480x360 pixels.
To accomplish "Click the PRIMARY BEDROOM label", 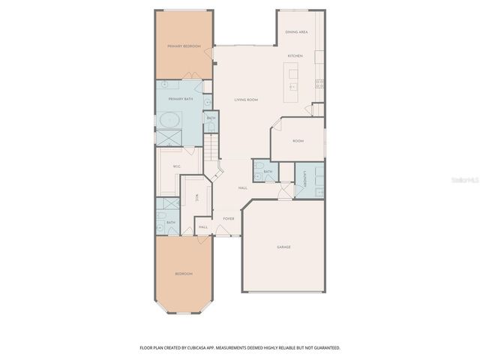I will tap(184, 46).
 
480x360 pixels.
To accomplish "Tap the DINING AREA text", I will tap(297, 32).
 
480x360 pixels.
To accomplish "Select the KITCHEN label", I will tap(295, 56).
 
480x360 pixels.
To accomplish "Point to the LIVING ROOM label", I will tap(246, 99).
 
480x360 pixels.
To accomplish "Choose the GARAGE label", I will tap(283, 247).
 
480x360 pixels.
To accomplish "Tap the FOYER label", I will tap(229, 218).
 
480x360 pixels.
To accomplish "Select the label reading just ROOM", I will tap(298, 141).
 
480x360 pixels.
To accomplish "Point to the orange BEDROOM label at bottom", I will tap(184, 274).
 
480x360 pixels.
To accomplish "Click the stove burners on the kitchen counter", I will tap(320, 82).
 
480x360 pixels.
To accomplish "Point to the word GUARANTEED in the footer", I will tap(327, 348).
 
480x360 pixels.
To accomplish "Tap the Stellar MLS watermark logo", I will tap(466, 180).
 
